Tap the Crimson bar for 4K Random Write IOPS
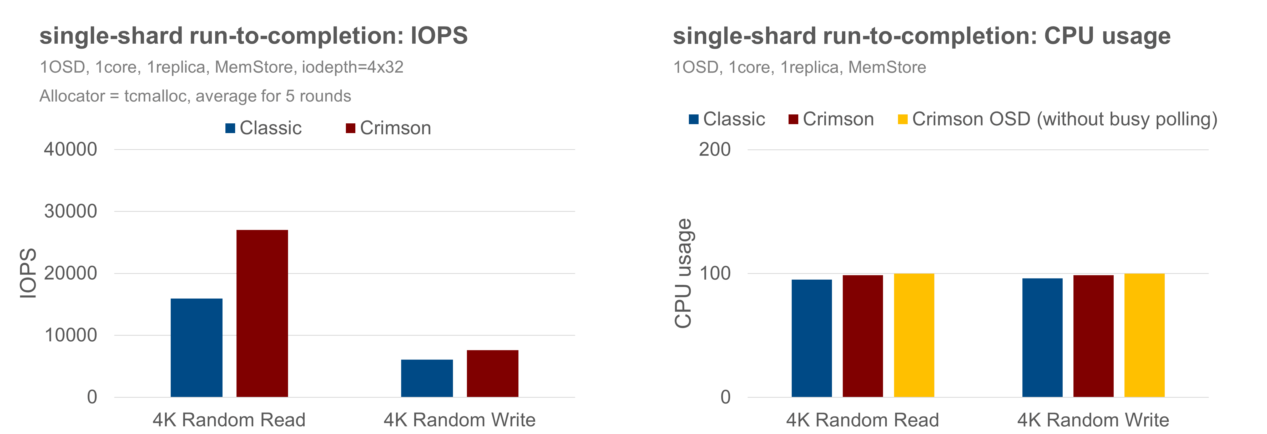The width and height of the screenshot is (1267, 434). tap(492, 374)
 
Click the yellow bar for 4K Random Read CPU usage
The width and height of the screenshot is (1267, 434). tap(914, 335)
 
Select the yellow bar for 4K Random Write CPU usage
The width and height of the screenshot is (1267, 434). tap(1144, 335)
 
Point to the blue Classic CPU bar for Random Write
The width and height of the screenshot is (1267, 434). tap(1042, 337)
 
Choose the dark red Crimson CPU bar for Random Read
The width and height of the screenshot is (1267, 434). tap(863, 336)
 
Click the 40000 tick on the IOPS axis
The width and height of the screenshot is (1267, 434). tap(71, 150)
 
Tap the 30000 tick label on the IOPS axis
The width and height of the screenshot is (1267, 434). tap(71, 211)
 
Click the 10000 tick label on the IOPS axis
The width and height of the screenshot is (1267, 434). tap(71, 336)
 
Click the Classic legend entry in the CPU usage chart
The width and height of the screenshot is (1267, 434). tap(727, 119)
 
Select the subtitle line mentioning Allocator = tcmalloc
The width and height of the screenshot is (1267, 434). tap(195, 96)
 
